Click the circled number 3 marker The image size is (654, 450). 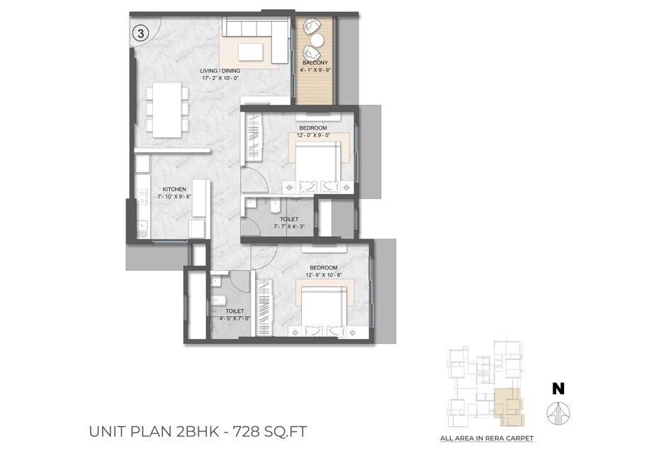tap(141, 33)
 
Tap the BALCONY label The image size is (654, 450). tap(315, 63)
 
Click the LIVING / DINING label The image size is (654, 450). tap(220, 71)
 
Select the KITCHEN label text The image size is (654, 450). tap(174, 190)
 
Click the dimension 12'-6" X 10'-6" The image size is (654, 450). tap(323, 275)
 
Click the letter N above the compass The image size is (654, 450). tap(558, 388)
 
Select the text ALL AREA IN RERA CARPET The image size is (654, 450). tap(487, 439)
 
